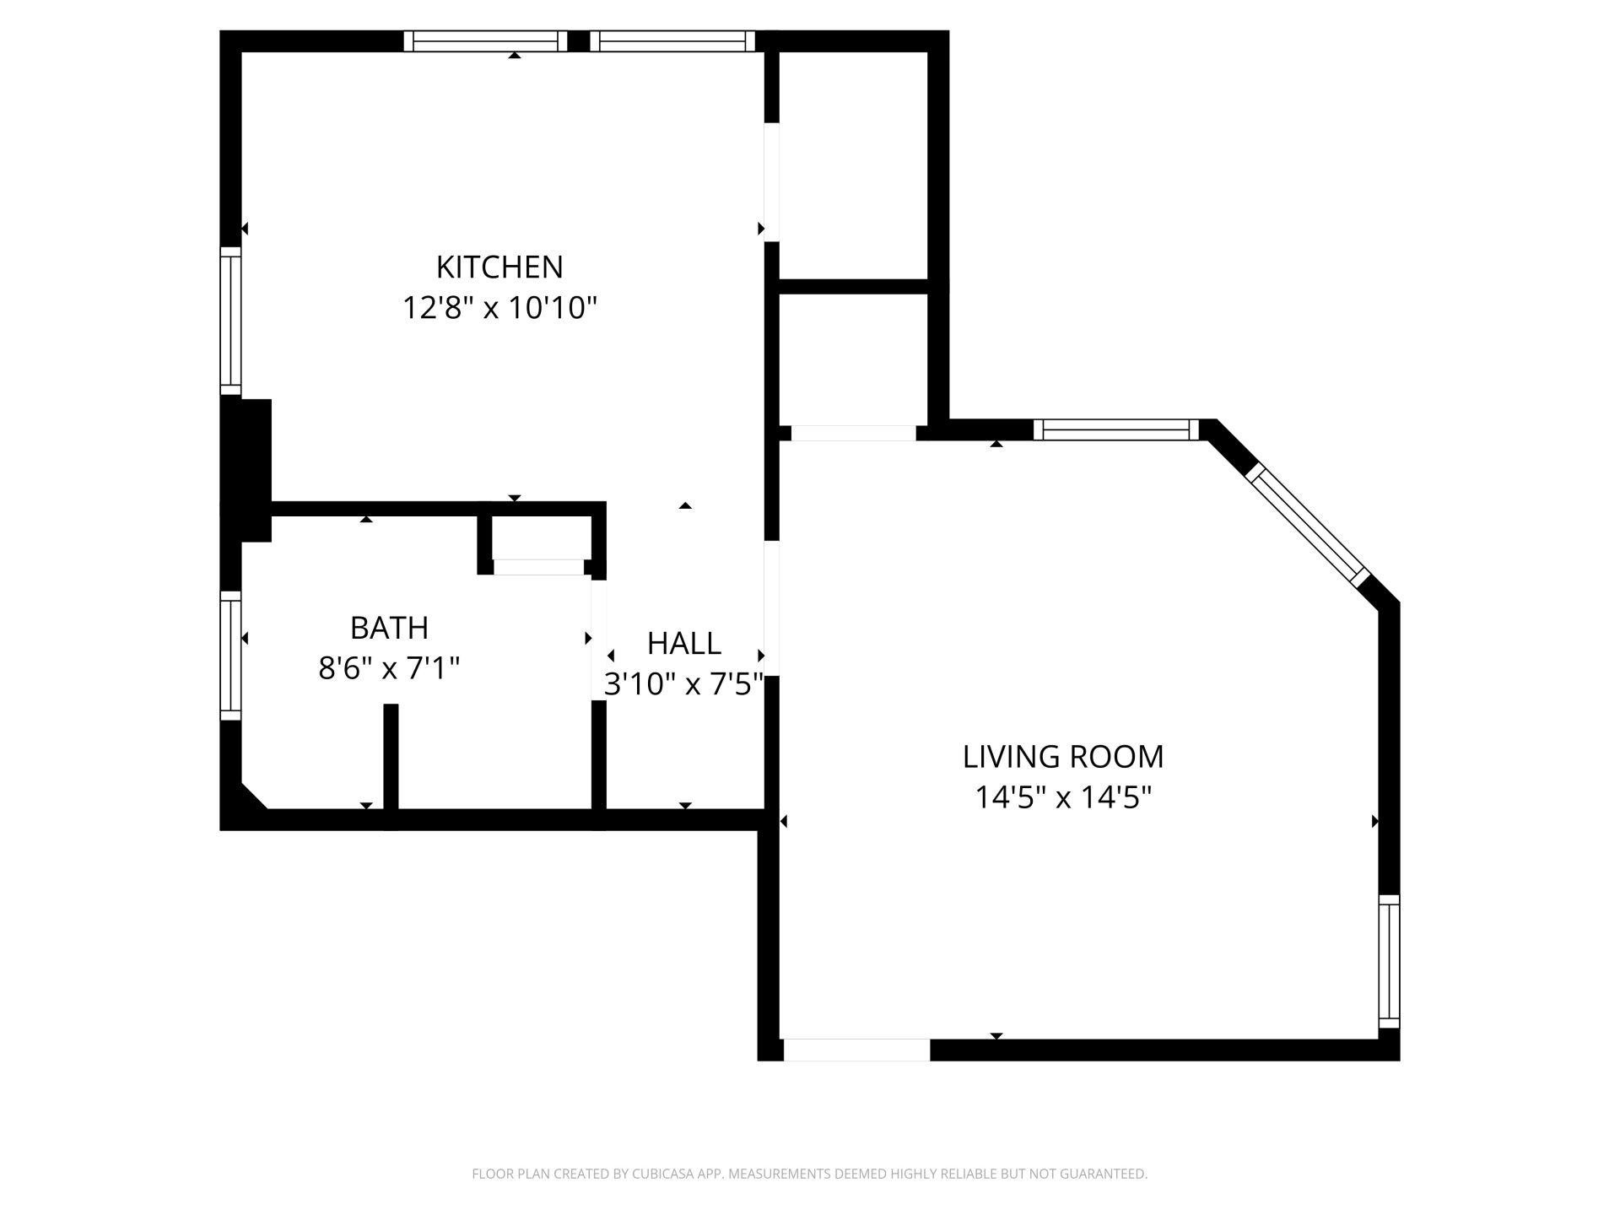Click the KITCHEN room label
[x=499, y=267]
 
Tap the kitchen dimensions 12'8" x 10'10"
[x=499, y=308]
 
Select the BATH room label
[x=389, y=628]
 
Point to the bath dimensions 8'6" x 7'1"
[x=389, y=668]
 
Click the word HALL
[x=684, y=644]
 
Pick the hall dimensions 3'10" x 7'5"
[x=684, y=684]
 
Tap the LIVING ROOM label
[x=1063, y=757]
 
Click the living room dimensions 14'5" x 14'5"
[x=1063, y=797]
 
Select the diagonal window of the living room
[x=1307, y=523]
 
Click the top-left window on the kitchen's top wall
[x=485, y=41]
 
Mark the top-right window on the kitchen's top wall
[x=672, y=41]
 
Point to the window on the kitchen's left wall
[x=230, y=321]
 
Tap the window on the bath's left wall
[x=230, y=656]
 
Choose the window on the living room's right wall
[x=1389, y=961]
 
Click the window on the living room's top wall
[x=1116, y=429]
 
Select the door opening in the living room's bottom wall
[x=856, y=1050]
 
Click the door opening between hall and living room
[x=771, y=608]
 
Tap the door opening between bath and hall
[x=598, y=640]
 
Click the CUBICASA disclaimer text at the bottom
[x=810, y=1174]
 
